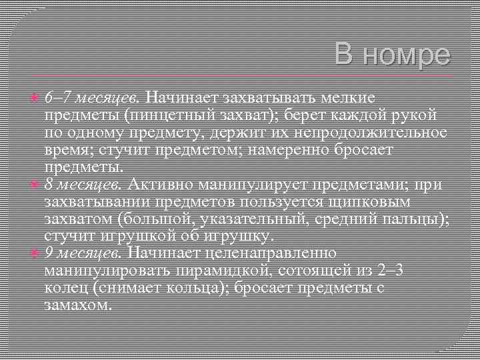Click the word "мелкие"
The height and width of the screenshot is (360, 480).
click(x=347, y=98)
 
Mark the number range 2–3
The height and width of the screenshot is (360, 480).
click(x=387, y=271)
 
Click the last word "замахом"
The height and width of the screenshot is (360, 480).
click(x=77, y=305)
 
